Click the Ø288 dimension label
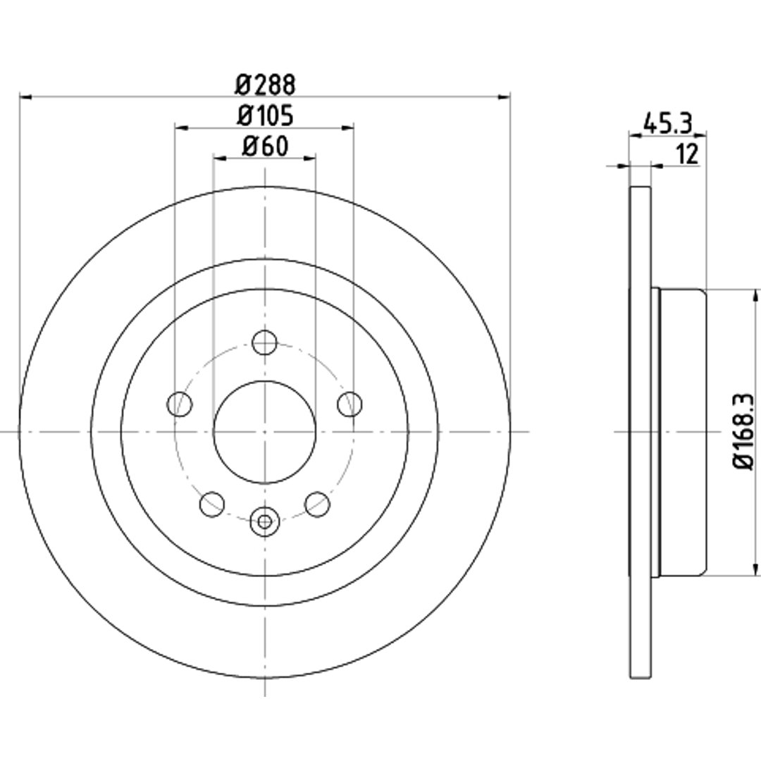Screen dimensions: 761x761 265,85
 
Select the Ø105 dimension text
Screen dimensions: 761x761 265,116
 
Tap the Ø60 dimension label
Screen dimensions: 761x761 265,146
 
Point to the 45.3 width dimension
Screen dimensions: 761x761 667,123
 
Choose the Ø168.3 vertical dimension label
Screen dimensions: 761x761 743,431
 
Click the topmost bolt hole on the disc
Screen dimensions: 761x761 264,342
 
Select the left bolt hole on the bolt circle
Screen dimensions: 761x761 180,404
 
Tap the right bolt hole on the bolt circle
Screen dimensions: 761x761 349,404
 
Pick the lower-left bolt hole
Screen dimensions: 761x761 212,504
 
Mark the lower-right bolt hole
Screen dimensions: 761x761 317,504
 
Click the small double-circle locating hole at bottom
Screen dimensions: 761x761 264,521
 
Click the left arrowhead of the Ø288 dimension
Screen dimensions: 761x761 25,97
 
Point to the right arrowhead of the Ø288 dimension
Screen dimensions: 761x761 505,97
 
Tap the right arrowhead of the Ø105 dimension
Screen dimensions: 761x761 347,128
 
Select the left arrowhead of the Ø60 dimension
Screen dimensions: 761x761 219,159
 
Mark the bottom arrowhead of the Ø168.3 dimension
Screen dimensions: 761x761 755,569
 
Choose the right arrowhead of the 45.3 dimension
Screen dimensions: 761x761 700,135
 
